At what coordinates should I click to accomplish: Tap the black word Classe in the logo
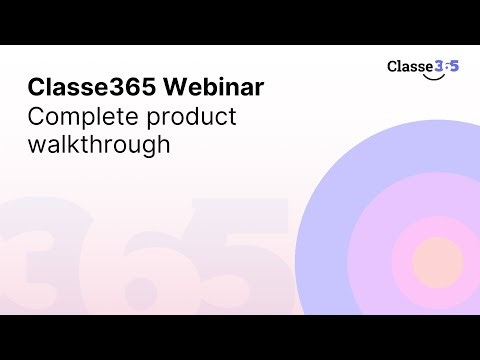point(410,66)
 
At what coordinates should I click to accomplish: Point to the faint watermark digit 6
point(140,255)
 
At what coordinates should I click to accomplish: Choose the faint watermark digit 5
point(240,250)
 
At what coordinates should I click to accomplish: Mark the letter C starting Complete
point(36,116)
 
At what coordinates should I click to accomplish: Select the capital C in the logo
point(393,66)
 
